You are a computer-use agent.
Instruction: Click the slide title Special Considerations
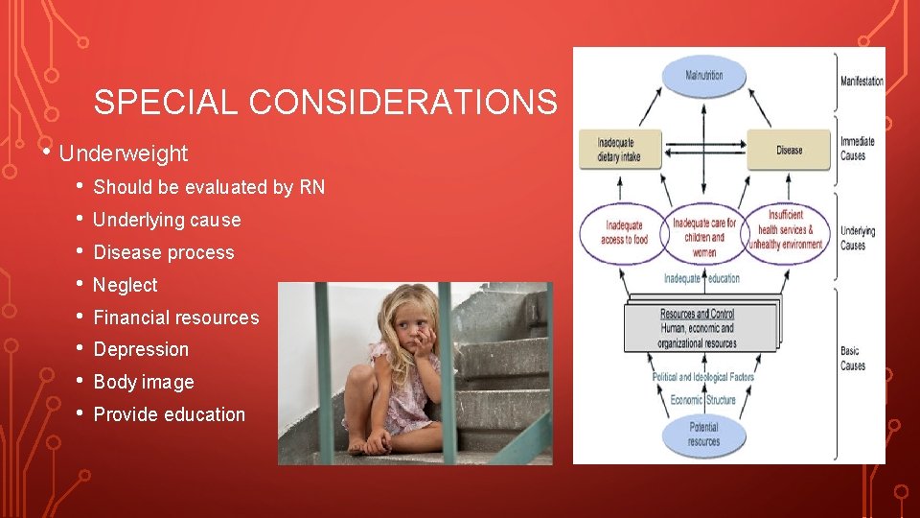pos(325,102)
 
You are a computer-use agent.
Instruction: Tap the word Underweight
pos(124,153)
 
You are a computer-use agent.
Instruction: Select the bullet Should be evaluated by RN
pos(209,187)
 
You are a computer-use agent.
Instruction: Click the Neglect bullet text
pos(126,285)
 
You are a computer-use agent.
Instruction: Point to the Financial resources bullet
pos(176,318)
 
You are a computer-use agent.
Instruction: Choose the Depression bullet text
pos(141,349)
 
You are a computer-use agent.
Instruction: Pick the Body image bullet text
pos(144,382)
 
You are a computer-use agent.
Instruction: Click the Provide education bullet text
pos(170,414)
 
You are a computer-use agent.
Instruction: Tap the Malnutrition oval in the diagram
pos(704,76)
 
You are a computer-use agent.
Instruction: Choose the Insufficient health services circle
pos(784,230)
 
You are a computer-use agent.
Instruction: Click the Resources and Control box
pos(699,328)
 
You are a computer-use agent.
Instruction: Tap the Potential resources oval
pos(703,434)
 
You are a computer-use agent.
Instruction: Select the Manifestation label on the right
pos(862,82)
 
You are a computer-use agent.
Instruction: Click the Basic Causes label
pos(852,359)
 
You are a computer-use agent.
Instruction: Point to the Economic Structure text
pos(704,399)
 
